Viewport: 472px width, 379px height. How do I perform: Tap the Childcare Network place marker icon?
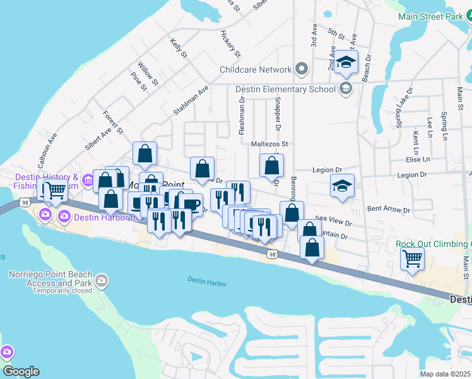click(301, 69)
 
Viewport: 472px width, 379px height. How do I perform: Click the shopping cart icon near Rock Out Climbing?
click(412, 258)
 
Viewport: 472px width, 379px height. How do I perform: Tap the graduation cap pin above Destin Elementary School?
click(346, 62)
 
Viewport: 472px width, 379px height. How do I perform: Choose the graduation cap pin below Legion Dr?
click(342, 186)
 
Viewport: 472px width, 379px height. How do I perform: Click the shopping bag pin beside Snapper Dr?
click(271, 166)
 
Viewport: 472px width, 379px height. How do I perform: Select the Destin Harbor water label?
click(207, 282)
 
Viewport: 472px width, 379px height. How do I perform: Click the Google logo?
click(20, 371)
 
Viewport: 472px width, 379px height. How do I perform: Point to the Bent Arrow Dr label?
click(388, 208)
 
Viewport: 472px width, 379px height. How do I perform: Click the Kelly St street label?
click(179, 48)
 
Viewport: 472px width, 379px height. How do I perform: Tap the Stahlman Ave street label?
click(191, 101)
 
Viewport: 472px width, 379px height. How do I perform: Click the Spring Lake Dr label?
click(404, 108)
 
